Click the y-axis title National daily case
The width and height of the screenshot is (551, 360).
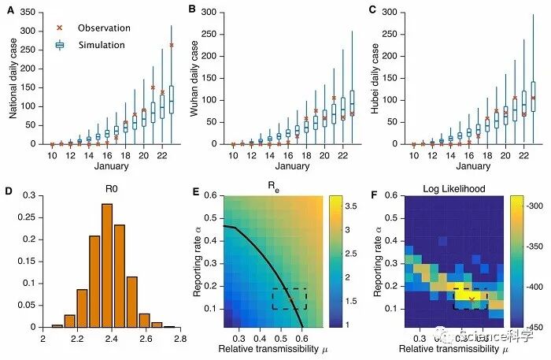[x=13, y=79]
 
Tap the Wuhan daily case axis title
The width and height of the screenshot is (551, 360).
[x=194, y=79]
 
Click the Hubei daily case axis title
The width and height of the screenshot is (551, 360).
[x=374, y=79]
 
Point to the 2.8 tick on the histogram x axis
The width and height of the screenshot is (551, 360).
[x=179, y=336]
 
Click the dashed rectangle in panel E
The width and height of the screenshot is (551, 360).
[x=289, y=298]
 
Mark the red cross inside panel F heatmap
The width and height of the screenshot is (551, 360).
[x=471, y=299]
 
